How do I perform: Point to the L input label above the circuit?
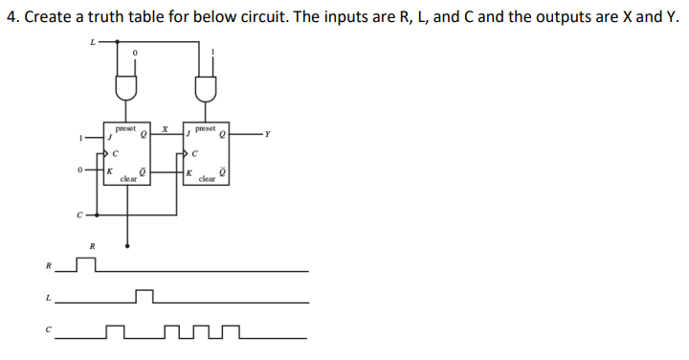pyautogui.click(x=92, y=41)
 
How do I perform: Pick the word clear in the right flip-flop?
pyautogui.click(x=206, y=178)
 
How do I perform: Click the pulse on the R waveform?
pyautogui.click(x=86, y=265)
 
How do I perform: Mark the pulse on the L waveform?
pyautogui.click(x=144, y=297)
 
